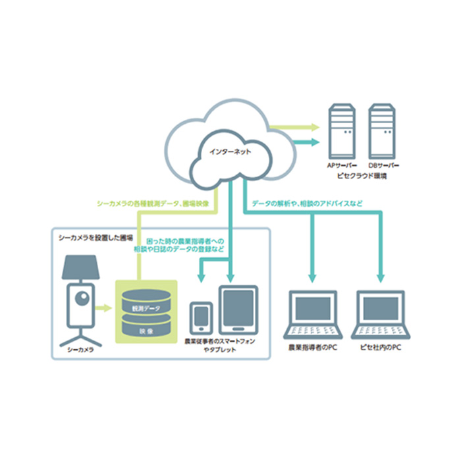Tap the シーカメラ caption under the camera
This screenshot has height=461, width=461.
point(81,350)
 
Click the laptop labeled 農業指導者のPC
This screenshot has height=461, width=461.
point(313,312)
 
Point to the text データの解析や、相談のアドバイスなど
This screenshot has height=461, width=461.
point(307,204)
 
